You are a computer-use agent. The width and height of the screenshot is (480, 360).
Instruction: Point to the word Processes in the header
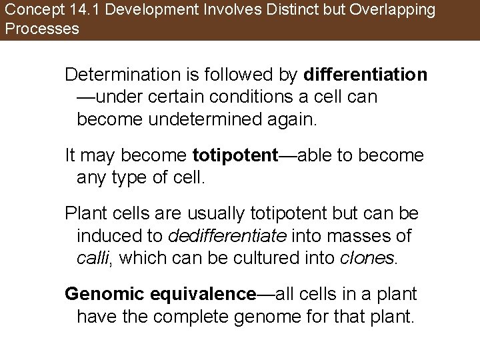[41, 29]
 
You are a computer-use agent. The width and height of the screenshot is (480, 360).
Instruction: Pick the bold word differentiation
[365, 75]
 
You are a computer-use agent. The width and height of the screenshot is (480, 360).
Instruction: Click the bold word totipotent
[235, 156]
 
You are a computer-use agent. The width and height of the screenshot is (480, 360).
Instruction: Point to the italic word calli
[93, 259]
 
